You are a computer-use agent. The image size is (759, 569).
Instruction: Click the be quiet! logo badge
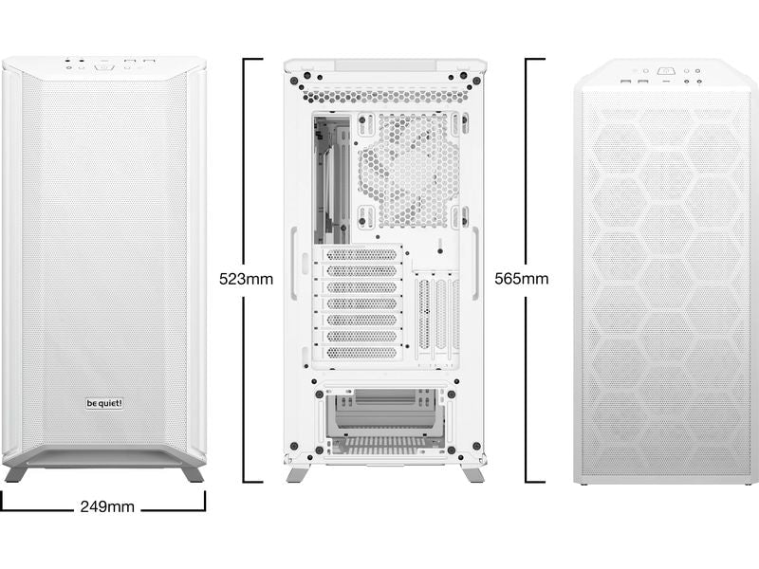[104, 403]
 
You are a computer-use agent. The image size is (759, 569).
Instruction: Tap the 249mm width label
[107, 506]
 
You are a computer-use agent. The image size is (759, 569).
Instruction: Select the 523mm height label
[246, 279]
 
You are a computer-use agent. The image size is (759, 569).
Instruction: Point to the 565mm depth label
[521, 279]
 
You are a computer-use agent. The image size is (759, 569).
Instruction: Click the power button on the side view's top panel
[666, 71]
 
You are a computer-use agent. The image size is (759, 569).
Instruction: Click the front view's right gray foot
[193, 473]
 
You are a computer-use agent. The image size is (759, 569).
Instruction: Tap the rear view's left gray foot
[296, 473]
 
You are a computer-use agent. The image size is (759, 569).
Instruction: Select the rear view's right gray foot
[472, 473]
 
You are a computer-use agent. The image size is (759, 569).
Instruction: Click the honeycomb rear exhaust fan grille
[409, 171]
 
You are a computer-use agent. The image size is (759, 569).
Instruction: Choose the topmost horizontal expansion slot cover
[360, 254]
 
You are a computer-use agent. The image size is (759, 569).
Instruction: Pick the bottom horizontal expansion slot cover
[360, 352]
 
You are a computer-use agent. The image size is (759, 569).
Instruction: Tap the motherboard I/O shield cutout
[331, 179]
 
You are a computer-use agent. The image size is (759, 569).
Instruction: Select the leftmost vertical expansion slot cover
[423, 315]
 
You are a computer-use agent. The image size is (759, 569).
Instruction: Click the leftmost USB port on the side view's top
[626, 81]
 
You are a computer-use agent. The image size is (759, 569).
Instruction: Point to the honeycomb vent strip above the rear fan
[385, 95]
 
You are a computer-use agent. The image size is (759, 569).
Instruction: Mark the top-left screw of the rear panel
[293, 81]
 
